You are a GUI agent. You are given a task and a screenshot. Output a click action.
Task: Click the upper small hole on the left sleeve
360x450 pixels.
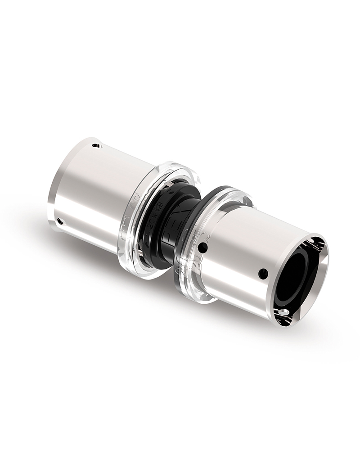pyautogui.click(x=95, y=145)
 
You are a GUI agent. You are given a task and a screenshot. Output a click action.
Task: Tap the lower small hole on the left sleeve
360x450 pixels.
pyautogui.click(x=60, y=220)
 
